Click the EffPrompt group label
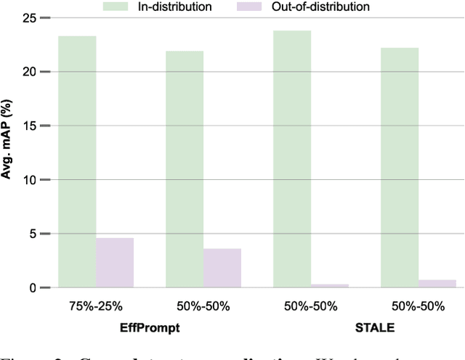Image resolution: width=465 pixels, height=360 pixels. (149, 327)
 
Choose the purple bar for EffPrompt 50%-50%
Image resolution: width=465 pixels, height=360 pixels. (222, 268)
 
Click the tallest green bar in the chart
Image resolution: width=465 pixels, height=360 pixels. (292, 159)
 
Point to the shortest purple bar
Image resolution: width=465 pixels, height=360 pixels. (330, 286)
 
